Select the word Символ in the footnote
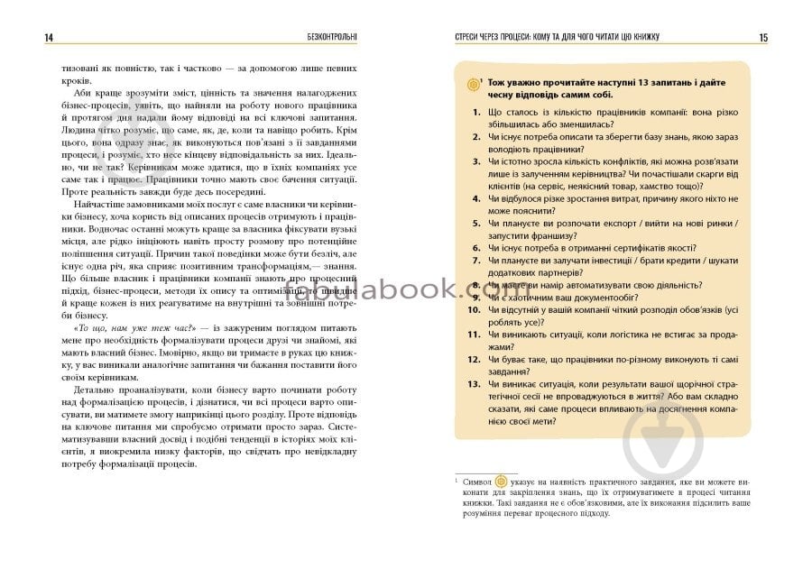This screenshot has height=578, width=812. coord(478,483)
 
